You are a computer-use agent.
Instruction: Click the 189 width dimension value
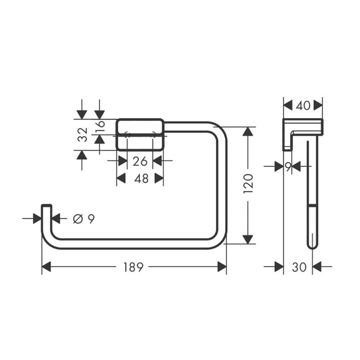[x=133, y=267]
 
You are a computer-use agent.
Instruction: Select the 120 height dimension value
[x=248, y=183]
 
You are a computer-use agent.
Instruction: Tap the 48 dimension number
[x=141, y=178]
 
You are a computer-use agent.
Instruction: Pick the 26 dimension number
[x=140, y=161]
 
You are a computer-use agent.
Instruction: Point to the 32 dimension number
[x=82, y=134]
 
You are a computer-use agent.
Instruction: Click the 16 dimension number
[x=100, y=125]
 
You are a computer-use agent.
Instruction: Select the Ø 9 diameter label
[x=84, y=218]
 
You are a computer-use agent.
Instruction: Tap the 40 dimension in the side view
[x=303, y=106]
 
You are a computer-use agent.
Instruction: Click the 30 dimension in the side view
[x=299, y=267]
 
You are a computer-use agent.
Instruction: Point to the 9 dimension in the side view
[x=288, y=166]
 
